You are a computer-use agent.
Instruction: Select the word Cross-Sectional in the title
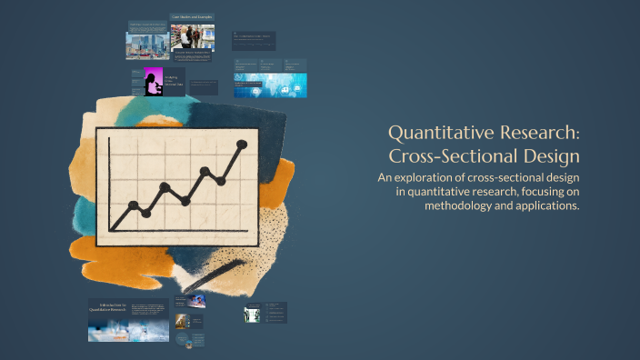[443, 155]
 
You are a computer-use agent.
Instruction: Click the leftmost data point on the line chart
[134, 205]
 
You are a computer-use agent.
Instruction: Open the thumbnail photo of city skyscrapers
[144, 45]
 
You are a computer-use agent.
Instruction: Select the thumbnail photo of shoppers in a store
[194, 37]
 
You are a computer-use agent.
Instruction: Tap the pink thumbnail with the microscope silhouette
[149, 82]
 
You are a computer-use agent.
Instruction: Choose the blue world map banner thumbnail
[270, 85]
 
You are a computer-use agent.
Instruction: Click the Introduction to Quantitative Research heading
[108, 306]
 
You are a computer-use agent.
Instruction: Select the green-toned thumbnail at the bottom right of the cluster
[253, 315]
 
